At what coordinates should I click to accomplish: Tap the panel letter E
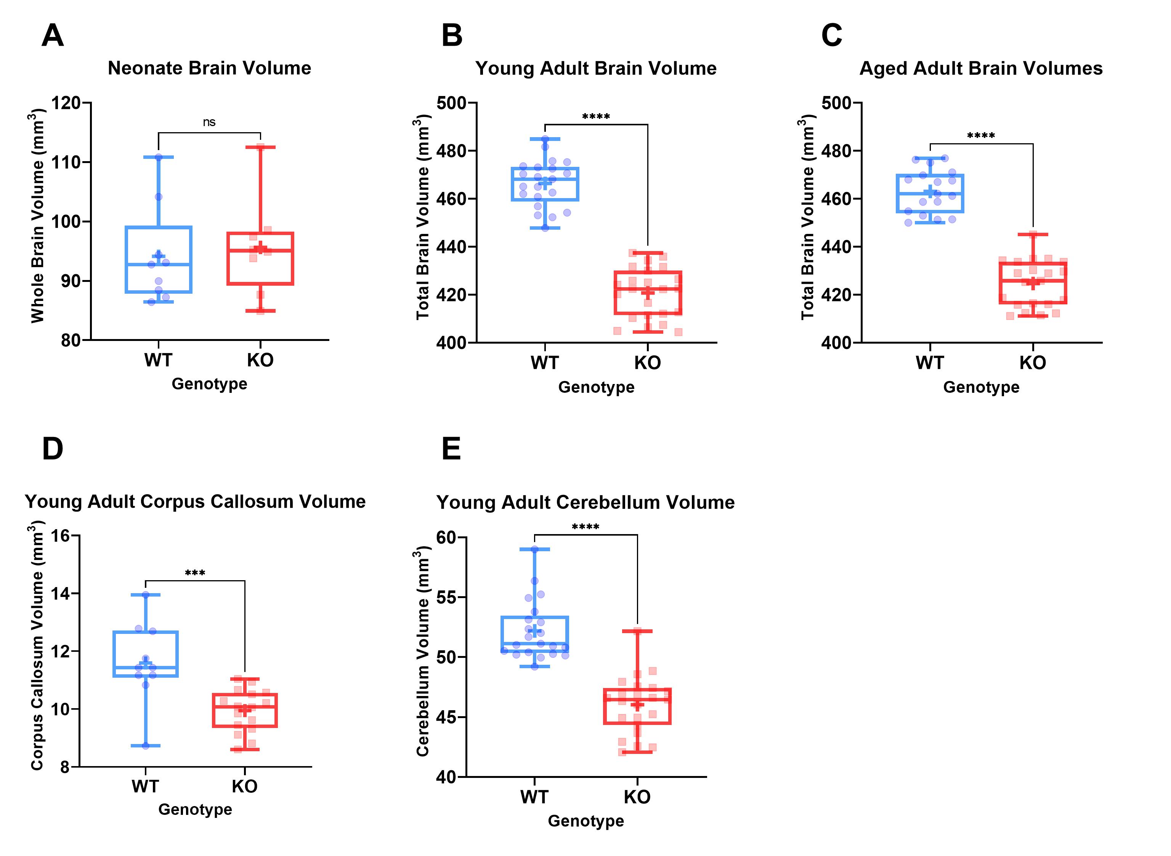pos(451,449)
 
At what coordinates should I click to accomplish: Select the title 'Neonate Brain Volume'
pos(209,68)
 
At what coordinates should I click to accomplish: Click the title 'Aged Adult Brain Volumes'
pos(981,69)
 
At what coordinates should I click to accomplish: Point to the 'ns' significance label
pos(209,122)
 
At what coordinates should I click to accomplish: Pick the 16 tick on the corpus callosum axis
pos(60,536)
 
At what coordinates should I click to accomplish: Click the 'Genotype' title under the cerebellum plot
pos(586,821)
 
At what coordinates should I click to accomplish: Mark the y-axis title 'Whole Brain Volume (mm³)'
pos(37,216)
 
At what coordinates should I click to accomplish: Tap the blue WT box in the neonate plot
pos(159,259)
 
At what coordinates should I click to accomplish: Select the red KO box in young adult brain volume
pos(648,293)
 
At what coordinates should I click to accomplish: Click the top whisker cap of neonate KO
pos(260,147)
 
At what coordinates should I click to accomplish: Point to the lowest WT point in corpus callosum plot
pos(146,746)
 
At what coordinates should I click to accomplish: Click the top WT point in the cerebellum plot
pos(534,549)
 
